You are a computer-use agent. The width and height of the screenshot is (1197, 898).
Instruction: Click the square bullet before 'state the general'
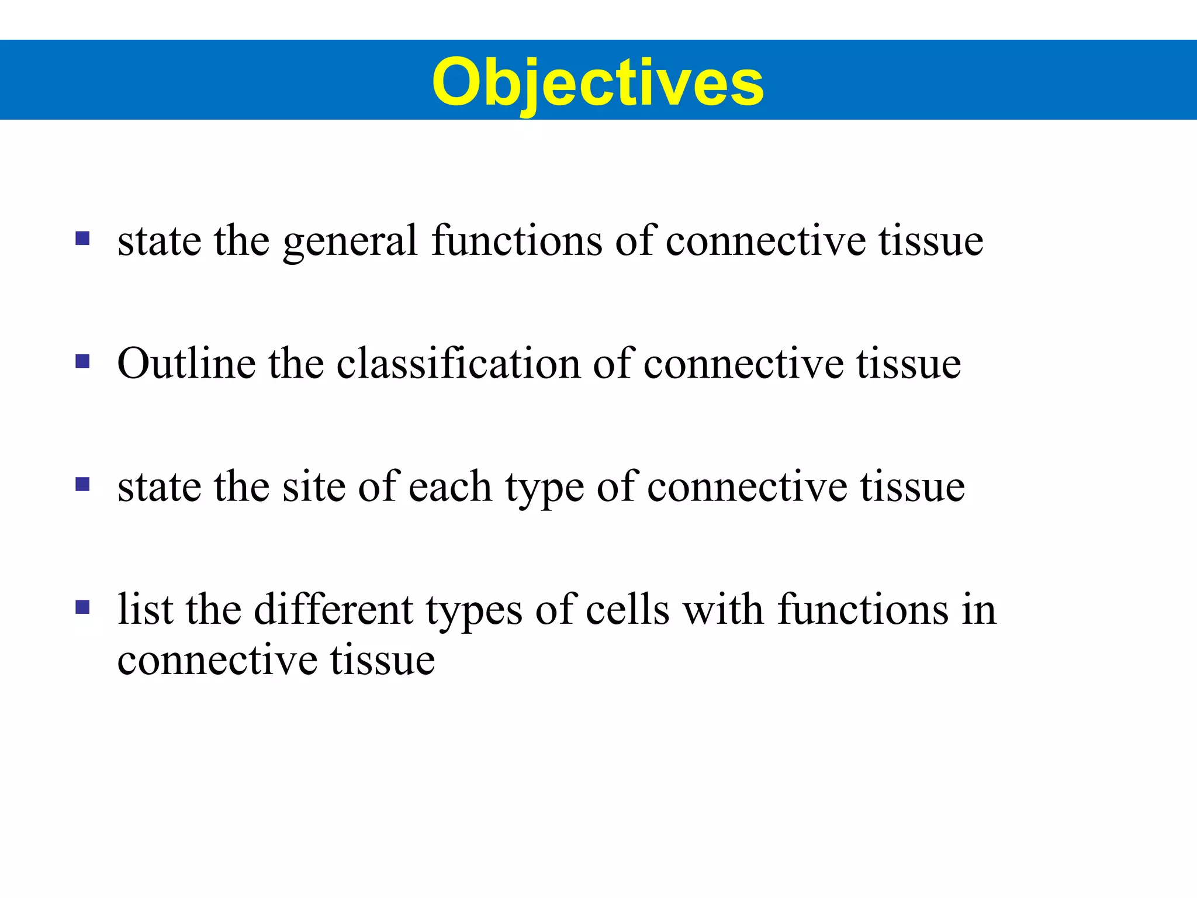pos(82,239)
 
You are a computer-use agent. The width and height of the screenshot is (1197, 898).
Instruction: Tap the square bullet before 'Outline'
pos(82,362)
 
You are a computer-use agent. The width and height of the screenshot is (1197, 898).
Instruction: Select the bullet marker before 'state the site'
pos(82,485)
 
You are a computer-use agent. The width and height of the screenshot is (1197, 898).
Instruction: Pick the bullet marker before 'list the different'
pos(82,608)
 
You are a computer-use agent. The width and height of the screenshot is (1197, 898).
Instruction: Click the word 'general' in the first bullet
pos(350,241)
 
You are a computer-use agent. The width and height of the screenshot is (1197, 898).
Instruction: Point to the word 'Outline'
pos(186,363)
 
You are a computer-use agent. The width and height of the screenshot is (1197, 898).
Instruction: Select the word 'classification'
pos(458,363)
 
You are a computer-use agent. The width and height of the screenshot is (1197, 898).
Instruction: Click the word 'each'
pos(449,486)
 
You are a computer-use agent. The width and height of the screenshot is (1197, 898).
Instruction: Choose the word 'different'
pos(333,610)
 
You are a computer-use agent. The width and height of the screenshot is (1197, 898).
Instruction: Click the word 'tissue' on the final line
pos(383,661)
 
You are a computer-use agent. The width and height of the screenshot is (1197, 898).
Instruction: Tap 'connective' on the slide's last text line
pos(217,661)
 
